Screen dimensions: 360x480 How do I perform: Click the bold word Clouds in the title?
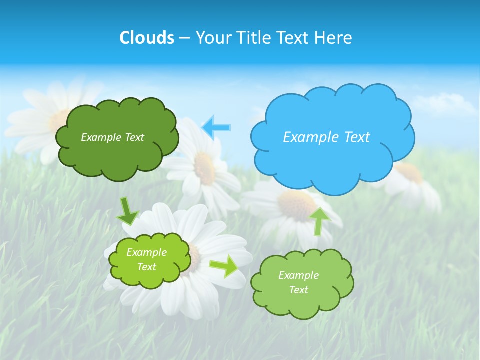click(x=147, y=38)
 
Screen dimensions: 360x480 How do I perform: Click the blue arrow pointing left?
click(x=216, y=127)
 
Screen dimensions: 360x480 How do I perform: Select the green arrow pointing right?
click(x=223, y=266)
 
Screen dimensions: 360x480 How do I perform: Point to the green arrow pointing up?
click(x=319, y=220)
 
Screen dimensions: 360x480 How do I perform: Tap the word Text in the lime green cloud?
click(x=147, y=267)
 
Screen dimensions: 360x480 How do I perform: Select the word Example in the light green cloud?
click(x=298, y=275)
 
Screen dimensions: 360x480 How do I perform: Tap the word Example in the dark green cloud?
click(x=100, y=137)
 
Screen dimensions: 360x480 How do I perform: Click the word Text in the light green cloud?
click(x=298, y=290)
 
